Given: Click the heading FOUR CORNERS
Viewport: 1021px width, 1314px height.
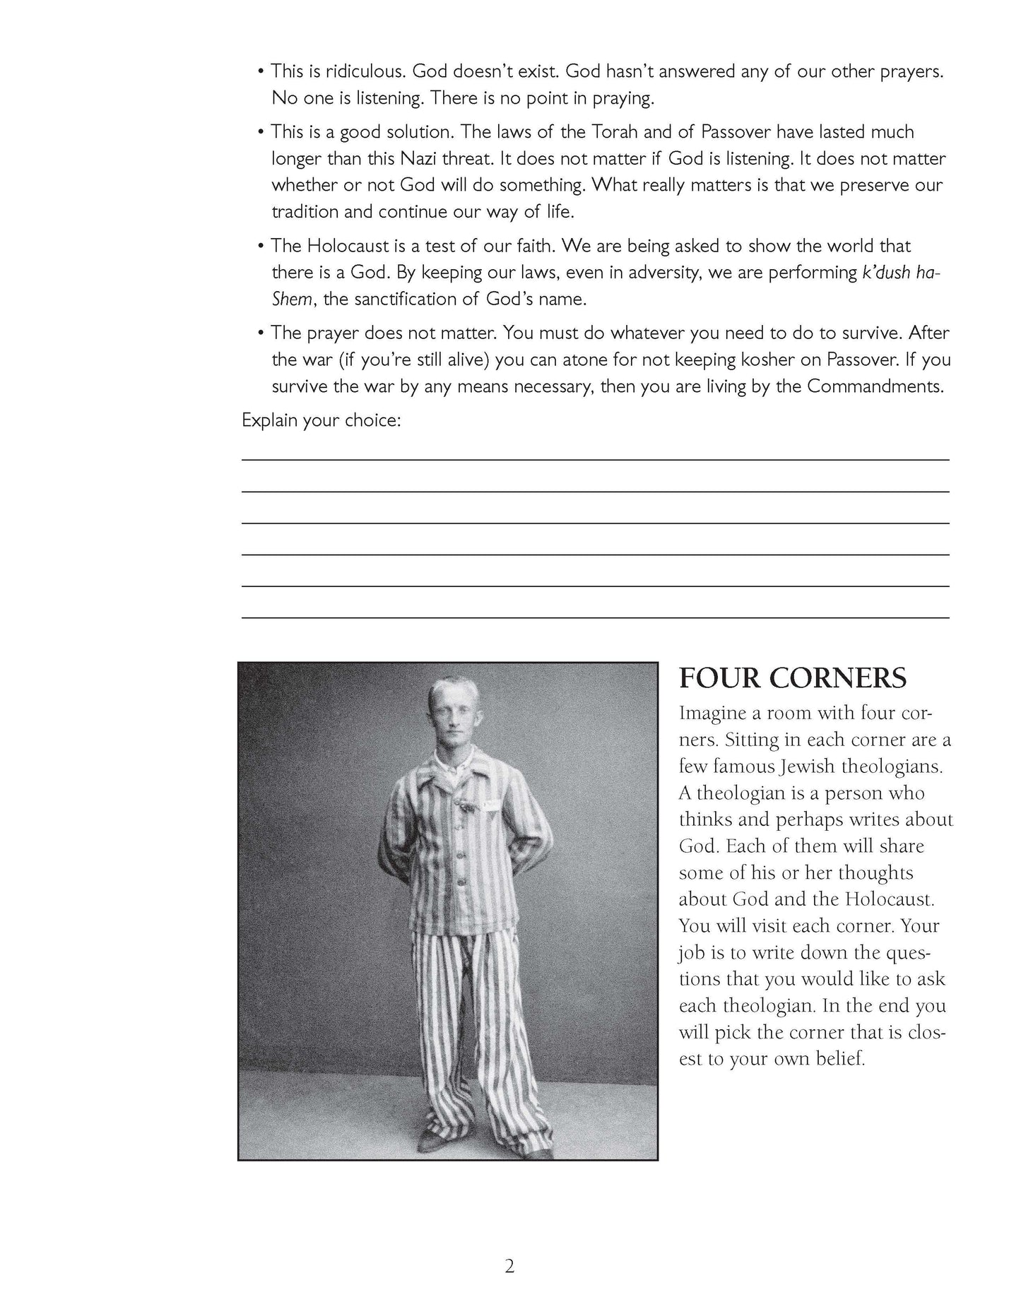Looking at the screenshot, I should click(x=792, y=678).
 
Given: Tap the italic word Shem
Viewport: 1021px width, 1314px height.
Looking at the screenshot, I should click(x=291, y=300).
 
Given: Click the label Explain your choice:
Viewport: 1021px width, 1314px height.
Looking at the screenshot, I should click(x=321, y=420).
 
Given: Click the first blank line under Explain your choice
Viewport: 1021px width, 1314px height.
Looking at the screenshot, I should click(x=595, y=459).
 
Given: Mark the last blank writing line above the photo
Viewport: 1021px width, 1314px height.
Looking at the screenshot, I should click(x=595, y=617).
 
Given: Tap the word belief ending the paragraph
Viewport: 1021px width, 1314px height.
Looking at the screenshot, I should click(x=842, y=1060).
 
